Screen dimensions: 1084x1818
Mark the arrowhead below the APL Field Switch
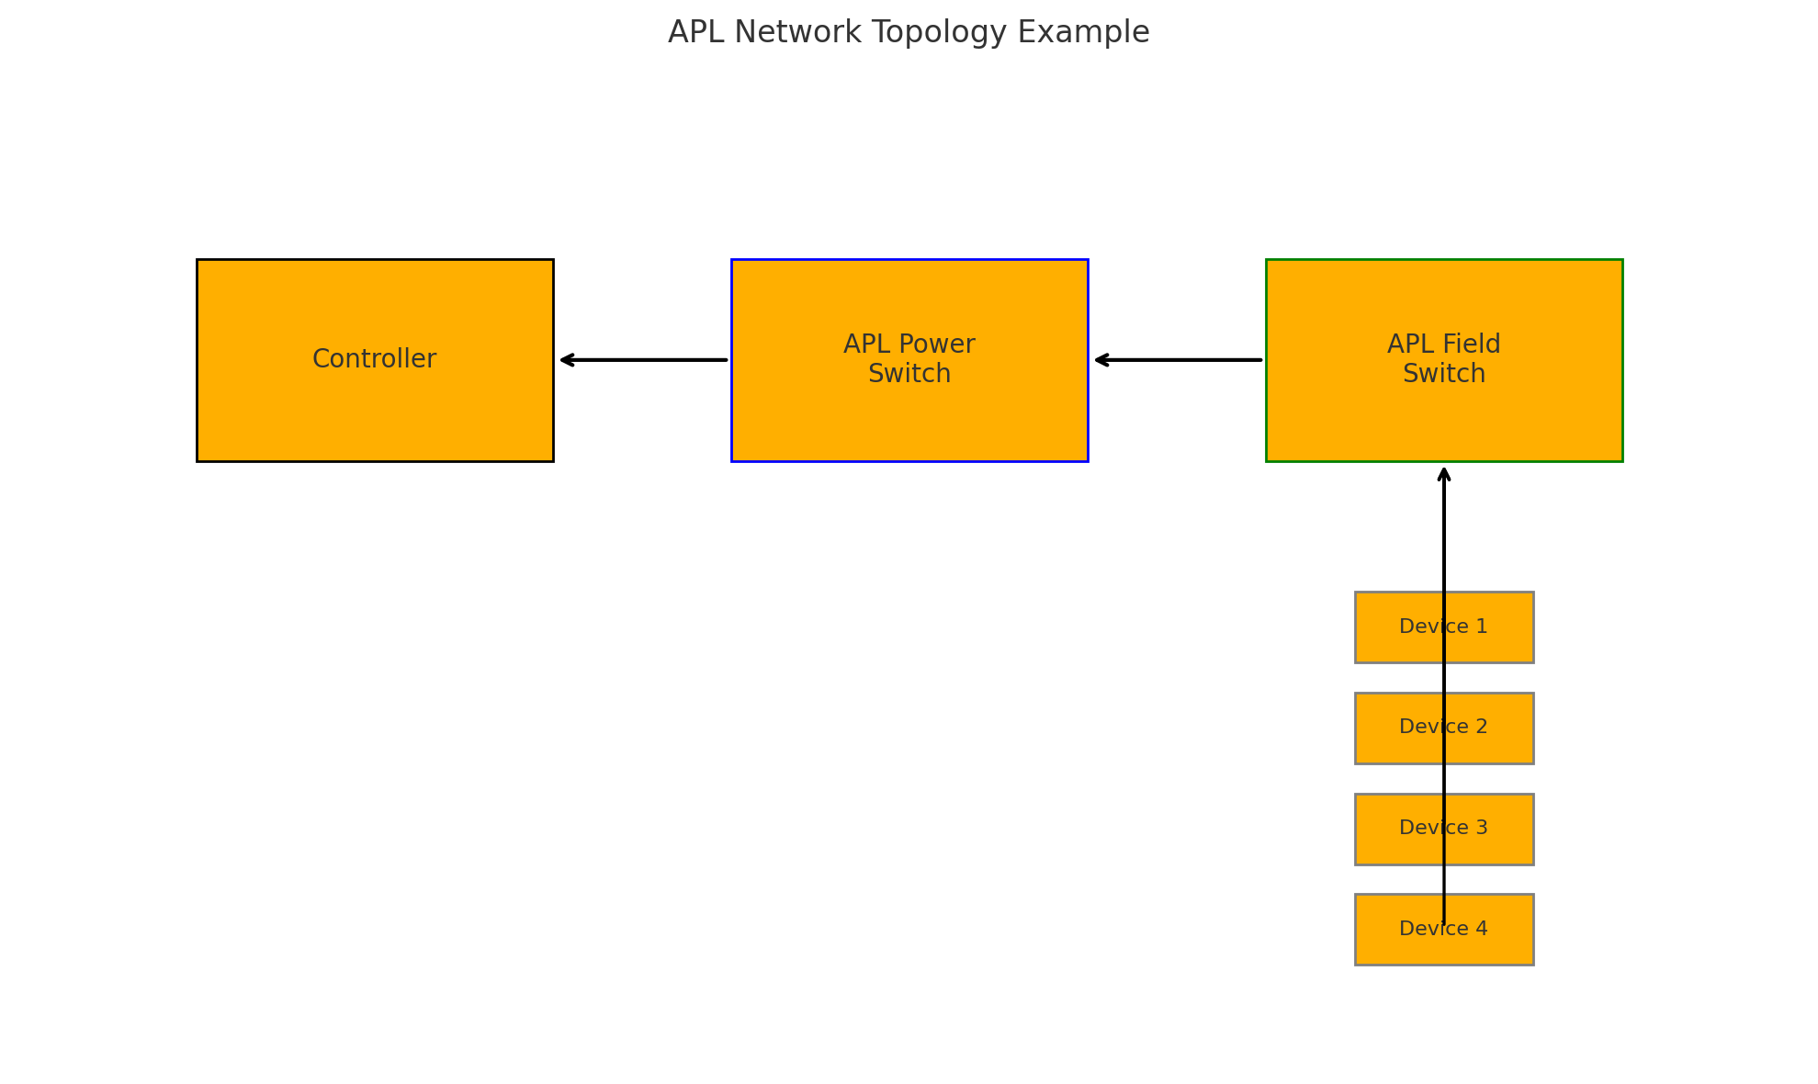pyautogui.click(x=1443, y=472)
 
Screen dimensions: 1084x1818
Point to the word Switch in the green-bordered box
pyautogui.click(x=1443, y=375)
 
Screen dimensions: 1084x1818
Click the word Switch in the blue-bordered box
pyautogui.click(x=909, y=375)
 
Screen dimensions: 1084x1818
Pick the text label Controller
pyautogui.click(x=374, y=359)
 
